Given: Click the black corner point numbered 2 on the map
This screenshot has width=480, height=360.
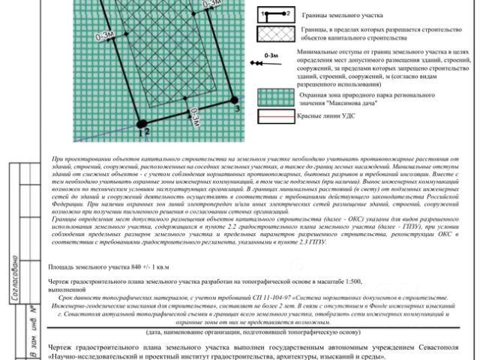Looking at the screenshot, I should (140, 123).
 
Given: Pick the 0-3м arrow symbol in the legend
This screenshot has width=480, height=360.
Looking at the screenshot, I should (274, 59).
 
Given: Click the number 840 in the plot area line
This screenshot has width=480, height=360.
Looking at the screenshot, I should (136, 267).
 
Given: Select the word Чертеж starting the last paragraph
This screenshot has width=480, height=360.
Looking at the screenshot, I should (60, 348).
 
